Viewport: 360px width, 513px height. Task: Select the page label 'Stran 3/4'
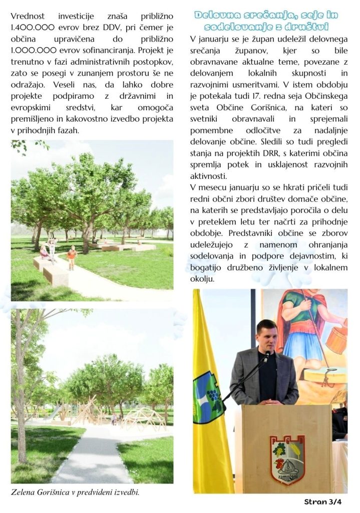(323, 501)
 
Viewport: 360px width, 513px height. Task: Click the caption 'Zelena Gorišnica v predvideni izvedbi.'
(75, 492)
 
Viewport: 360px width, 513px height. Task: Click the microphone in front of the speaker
(267, 356)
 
